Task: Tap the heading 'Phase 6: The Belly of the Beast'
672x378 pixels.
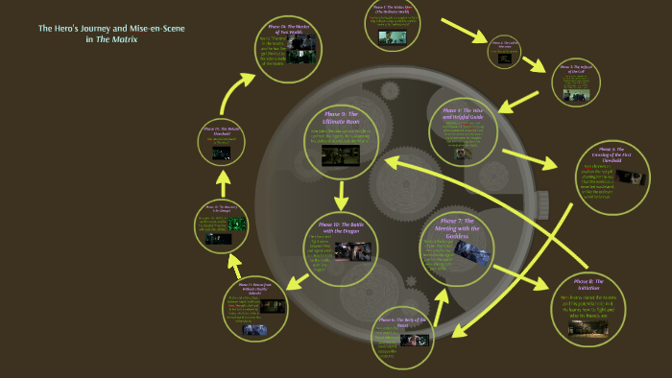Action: (400, 322)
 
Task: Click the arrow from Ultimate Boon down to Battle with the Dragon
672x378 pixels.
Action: (341, 195)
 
